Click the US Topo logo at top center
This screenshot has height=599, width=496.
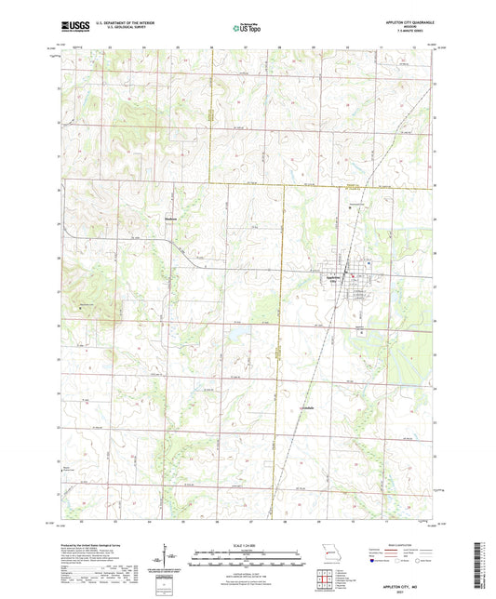(248, 28)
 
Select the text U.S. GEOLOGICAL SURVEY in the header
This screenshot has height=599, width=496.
(114, 29)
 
